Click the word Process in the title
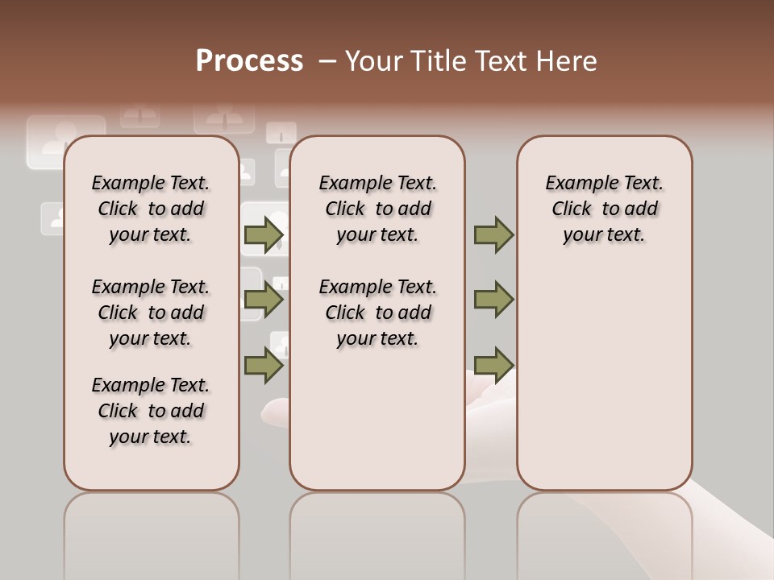click(249, 61)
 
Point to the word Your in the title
click(374, 61)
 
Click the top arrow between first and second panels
click(264, 235)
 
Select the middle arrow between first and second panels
click(264, 300)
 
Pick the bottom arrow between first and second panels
click(264, 365)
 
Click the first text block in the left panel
click(151, 209)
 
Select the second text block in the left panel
click(151, 313)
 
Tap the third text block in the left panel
click(151, 411)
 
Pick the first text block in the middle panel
click(377, 209)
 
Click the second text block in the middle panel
click(377, 313)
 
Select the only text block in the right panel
click(604, 209)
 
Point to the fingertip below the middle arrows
click(274, 411)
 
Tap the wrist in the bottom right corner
click(734, 524)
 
